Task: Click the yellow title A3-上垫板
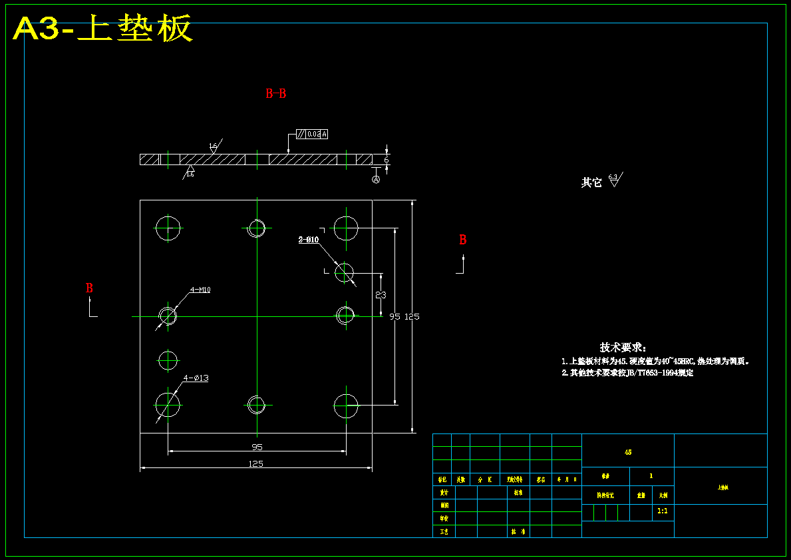click(x=103, y=29)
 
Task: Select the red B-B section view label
click(x=275, y=94)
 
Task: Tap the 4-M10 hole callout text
click(x=200, y=290)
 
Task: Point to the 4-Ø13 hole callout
click(x=196, y=378)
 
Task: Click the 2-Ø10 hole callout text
click(x=309, y=240)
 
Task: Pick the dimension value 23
click(x=381, y=294)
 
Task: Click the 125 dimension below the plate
click(x=255, y=463)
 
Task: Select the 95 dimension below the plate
click(x=257, y=447)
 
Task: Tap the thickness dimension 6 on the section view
click(x=386, y=160)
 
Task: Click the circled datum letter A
click(x=376, y=180)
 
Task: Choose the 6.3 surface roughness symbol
click(x=614, y=179)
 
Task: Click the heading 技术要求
click(x=623, y=347)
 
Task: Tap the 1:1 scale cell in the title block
click(x=663, y=511)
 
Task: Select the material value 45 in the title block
click(x=628, y=452)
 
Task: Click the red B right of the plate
click(x=463, y=240)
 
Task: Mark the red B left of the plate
click(x=89, y=288)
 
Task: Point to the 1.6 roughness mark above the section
click(x=214, y=146)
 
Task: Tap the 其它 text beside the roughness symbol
click(x=591, y=182)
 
